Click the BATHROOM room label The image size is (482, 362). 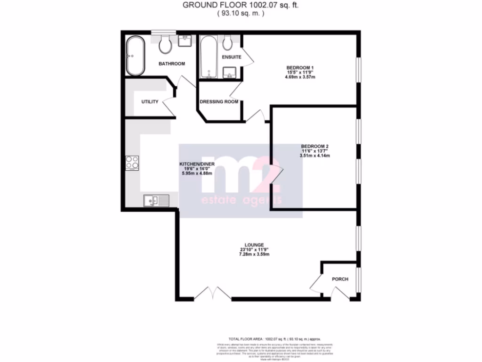point(171,64)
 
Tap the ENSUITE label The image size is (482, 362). point(231,57)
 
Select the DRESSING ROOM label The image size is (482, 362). point(219,102)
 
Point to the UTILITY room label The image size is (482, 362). point(150,102)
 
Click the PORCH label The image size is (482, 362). point(340,279)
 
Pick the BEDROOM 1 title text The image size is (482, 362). point(300,68)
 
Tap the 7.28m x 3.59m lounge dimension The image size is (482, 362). point(254,254)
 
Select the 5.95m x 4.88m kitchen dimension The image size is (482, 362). point(197,173)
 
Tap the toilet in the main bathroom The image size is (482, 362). point(165,45)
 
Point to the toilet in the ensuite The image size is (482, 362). point(228,44)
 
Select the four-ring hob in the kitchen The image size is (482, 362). point(132,163)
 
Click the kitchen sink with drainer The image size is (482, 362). point(156,201)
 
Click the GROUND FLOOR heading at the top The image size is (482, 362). point(241,5)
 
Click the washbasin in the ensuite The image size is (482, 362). point(230,72)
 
